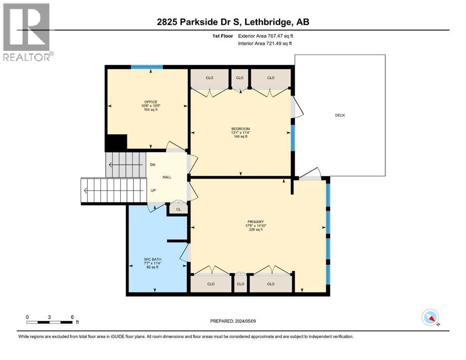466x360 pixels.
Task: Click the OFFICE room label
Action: (x=151, y=102)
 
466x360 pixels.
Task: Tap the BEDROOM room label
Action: (x=241, y=129)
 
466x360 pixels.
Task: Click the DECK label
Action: (x=340, y=115)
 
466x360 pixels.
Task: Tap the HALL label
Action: (x=167, y=177)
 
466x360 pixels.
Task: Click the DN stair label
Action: (x=153, y=165)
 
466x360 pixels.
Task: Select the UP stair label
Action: (x=153, y=191)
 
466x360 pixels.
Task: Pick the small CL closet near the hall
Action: (x=178, y=210)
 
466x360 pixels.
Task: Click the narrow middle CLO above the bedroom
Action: (x=240, y=78)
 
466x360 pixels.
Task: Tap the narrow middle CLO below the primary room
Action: (x=240, y=284)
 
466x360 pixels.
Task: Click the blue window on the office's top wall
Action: (x=147, y=67)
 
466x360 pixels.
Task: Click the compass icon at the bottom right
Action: (x=430, y=318)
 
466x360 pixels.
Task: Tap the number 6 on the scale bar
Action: (x=72, y=317)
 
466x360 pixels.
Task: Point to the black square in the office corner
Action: (x=116, y=142)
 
